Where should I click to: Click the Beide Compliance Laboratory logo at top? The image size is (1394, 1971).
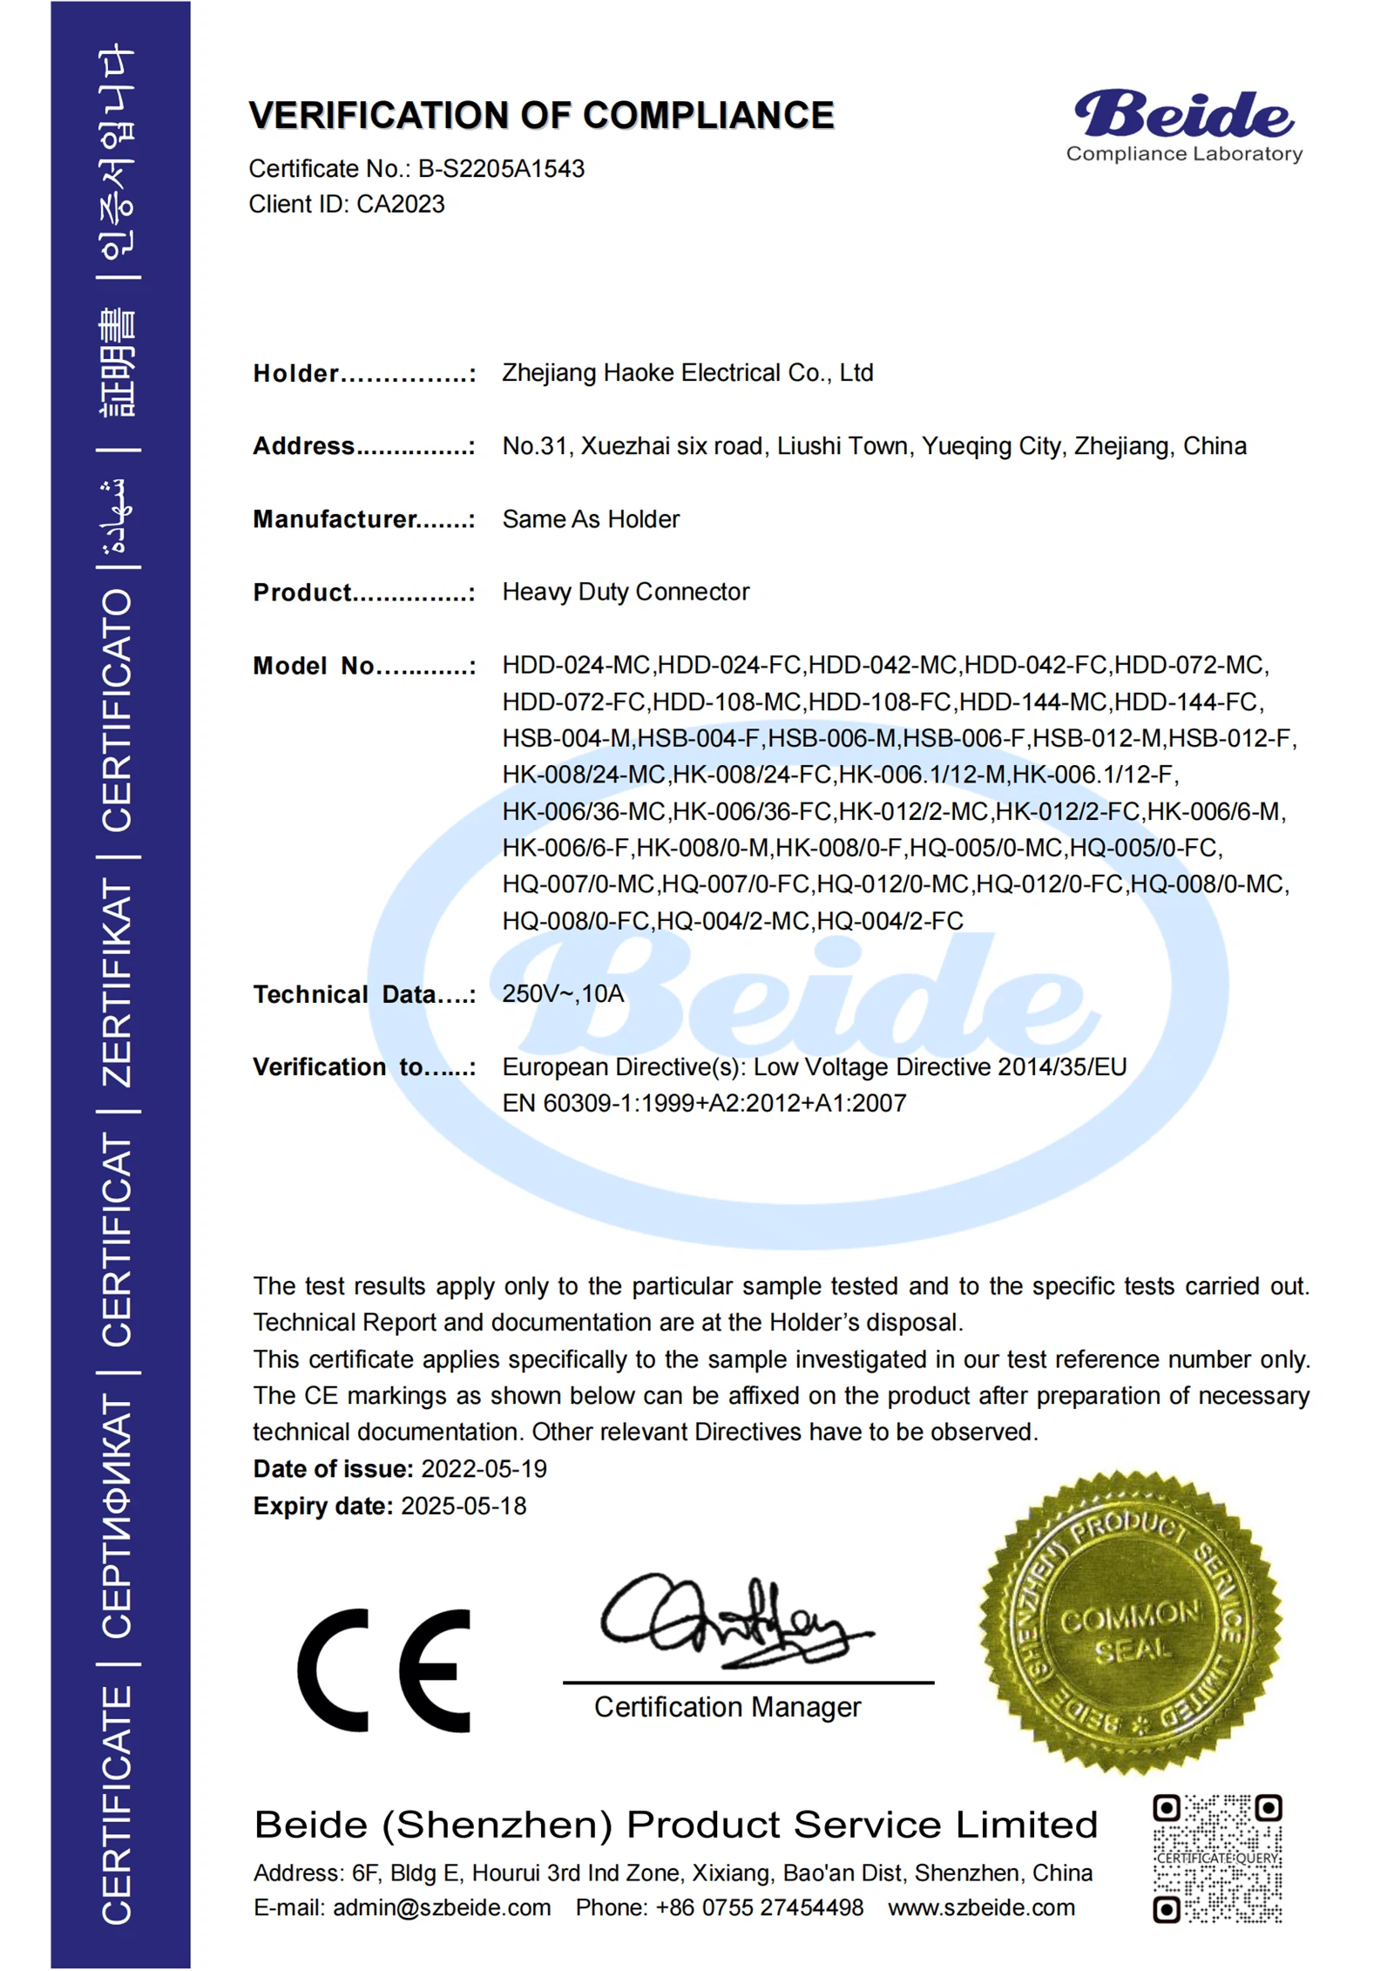coord(1183,126)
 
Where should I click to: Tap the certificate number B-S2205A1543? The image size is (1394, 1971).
coord(501,169)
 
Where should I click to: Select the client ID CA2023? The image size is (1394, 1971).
coord(401,204)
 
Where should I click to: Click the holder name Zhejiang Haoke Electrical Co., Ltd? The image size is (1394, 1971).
coord(687,373)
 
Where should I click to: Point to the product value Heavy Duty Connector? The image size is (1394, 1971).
coord(626,592)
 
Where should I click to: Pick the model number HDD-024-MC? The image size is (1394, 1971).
coord(576,665)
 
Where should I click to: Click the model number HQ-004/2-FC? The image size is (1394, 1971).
coord(890,921)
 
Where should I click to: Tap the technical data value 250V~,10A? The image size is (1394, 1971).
coord(563,993)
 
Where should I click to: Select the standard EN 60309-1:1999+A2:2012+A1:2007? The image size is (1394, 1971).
coord(704,1103)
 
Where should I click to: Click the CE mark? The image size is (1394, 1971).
coord(383,1670)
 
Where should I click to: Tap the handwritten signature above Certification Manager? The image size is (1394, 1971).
coord(732,1622)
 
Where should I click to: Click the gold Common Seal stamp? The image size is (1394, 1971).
coord(1130,1622)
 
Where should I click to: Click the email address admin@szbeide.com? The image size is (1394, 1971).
coord(442,1907)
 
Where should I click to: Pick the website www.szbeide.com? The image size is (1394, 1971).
coord(981,1907)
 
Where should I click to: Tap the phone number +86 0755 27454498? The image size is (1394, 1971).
coord(759,1907)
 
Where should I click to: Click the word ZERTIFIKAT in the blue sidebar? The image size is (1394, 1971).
coord(118,983)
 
